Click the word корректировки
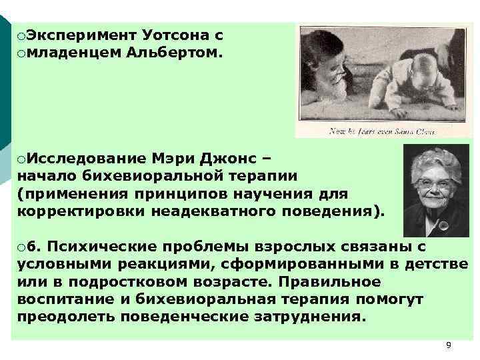click(83, 211)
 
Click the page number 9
click(448, 345)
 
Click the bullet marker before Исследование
click(22, 159)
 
